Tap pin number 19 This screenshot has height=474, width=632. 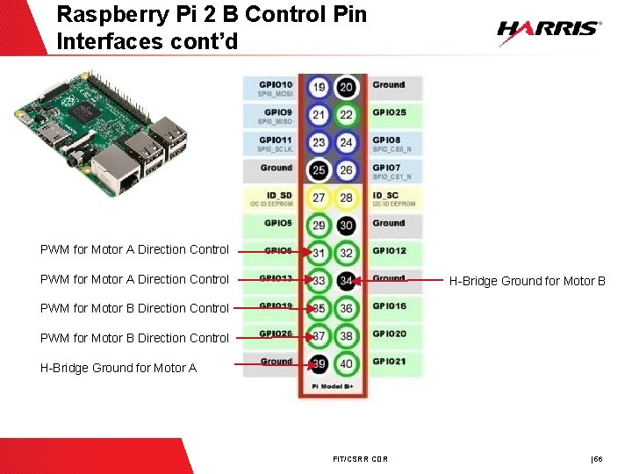(x=319, y=87)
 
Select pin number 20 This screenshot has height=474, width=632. (x=346, y=87)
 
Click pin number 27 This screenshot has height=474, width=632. (x=319, y=198)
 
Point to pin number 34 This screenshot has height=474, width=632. (x=346, y=281)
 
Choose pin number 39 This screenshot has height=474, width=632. (x=319, y=364)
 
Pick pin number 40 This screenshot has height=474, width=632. (x=346, y=364)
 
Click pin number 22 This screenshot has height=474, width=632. (x=346, y=115)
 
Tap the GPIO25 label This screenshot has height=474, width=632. (x=389, y=113)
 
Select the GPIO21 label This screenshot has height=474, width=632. (x=389, y=362)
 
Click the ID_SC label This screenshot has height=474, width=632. (x=387, y=196)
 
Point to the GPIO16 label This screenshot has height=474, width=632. (x=389, y=306)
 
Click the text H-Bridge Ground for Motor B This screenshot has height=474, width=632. (x=527, y=282)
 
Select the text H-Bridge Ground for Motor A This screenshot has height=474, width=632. (x=118, y=368)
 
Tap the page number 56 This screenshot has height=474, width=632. (x=599, y=459)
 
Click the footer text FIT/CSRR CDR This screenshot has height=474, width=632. (x=361, y=459)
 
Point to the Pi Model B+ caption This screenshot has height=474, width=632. (x=331, y=387)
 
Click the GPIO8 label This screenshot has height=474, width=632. (x=386, y=140)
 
